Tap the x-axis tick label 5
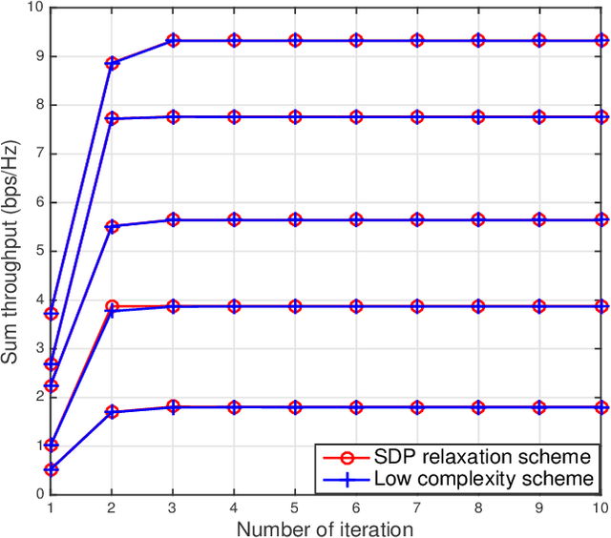click(x=295, y=507)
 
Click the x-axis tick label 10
click(x=600, y=507)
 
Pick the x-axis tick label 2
click(x=112, y=507)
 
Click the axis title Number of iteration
click(x=325, y=528)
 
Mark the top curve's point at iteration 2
click(x=112, y=63)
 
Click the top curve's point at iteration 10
click(x=600, y=41)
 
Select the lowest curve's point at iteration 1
click(x=51, y=469)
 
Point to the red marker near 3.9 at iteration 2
click(x=112, y=306)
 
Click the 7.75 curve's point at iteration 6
click(x=356, y=116)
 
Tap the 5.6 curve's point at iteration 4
click(x=234, y=219)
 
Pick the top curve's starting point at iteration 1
click(x=51, y=313)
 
